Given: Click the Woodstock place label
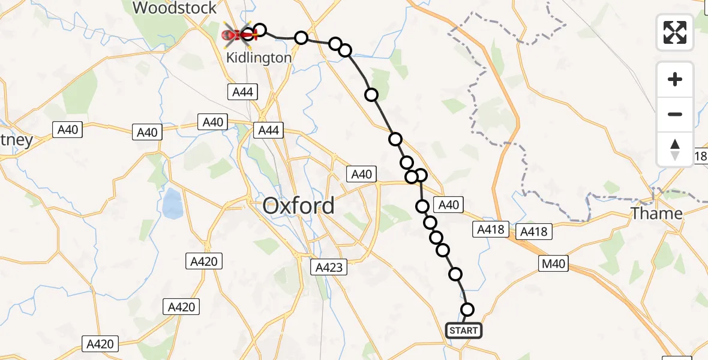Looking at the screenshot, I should pos(175,8).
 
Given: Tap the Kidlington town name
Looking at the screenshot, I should pos(259,58).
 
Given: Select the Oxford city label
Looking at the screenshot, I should pos(299,206).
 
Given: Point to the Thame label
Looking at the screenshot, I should pos(656,214).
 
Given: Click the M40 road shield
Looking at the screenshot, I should pos(553,264).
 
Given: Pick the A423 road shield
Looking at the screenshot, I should pos(329,267).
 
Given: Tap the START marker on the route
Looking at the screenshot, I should pos(463,331).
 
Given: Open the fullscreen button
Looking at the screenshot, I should pos(675,32).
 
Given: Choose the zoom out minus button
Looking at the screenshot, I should pos(675,114).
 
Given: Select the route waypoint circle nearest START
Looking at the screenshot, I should pos(467,310).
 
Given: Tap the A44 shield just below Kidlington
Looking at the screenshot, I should pos(242,92).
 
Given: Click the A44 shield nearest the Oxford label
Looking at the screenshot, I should pos(268,130).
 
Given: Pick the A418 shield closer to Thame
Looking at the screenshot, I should pos(534,232).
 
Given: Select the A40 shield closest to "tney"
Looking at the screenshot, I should pos(68,130).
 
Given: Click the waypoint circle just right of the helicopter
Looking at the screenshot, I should pos(259,30).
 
